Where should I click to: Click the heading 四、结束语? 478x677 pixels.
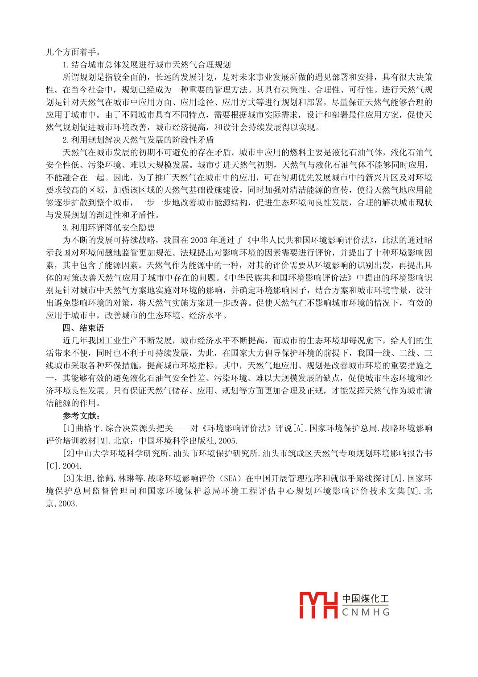pos(83,328)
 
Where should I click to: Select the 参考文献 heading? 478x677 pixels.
pos(81,416)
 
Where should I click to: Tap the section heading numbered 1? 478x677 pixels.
pos(147,65)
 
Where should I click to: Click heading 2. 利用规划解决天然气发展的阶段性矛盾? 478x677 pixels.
pos(138,140)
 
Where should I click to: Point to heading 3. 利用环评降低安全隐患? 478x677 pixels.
pos(109,228)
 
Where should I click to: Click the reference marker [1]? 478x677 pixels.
pos(69,428)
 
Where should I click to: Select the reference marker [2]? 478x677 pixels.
pos(69,453)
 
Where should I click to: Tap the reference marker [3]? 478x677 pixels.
pos(69,478)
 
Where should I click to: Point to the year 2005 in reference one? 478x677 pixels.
pos(228,441)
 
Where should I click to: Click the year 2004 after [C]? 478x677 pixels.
pos(71,466)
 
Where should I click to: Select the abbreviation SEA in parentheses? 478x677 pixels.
pos(231,478)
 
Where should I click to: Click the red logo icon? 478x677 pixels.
pos(318,605)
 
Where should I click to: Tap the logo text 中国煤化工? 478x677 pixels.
pos(366,599)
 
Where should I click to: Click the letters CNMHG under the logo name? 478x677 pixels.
pos(366,612)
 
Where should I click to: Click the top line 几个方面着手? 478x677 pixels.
pos(74,52)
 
